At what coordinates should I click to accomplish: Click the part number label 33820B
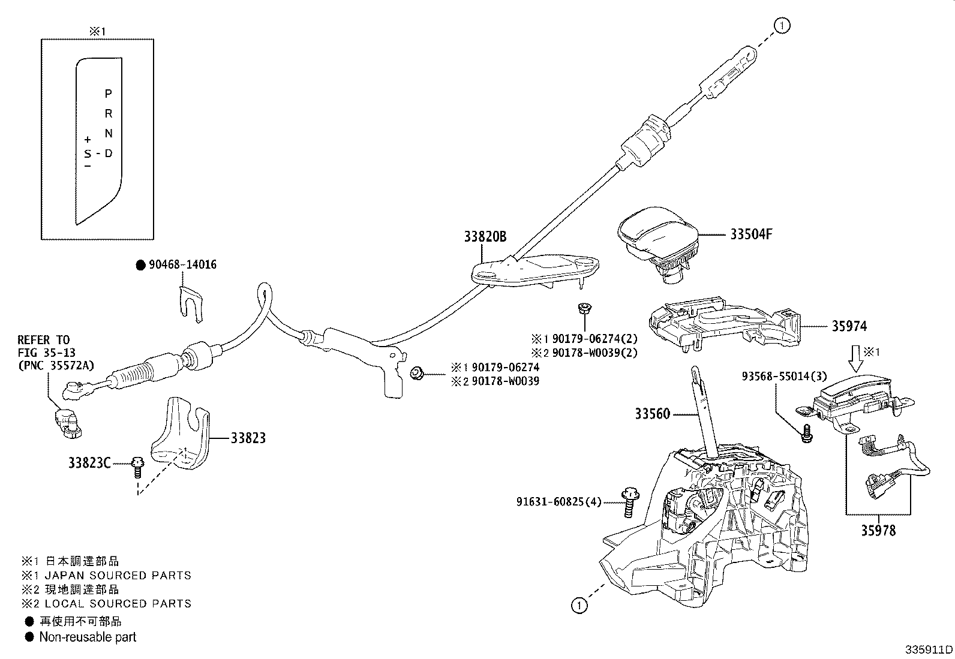[x=485, y=237]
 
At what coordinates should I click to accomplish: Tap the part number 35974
[x=849, y=327]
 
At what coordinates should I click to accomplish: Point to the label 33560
[x=652, y=414]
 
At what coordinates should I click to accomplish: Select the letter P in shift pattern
[x=108, y=94]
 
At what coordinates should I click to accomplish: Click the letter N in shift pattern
[x=108, y=134]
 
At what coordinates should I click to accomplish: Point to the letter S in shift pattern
[x=88, y=154]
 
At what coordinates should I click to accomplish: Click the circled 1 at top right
[x=782, y=25]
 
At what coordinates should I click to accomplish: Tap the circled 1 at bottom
[x=578, y=606]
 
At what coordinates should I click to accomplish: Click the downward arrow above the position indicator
[x=856, y=358]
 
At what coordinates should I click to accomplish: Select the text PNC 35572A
[x=56, y=365]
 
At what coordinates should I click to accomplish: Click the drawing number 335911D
[x=929, y=649]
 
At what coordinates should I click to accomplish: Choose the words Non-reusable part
[x=88, y=637]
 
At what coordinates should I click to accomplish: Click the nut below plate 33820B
[x=581, y=309]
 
